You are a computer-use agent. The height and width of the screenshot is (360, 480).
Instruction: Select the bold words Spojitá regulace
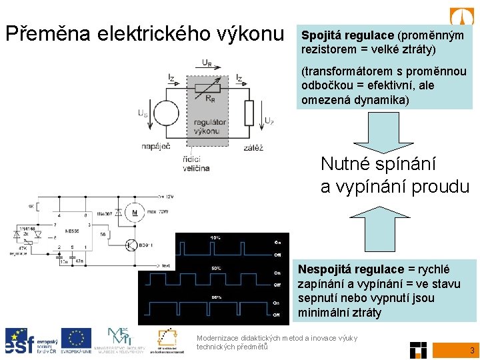pos(347,35)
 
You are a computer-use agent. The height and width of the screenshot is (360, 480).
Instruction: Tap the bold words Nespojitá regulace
pos(351,269)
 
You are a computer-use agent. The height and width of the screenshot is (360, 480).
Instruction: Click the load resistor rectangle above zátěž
pos(249,113)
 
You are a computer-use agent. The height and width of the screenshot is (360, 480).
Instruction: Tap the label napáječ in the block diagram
pos(156,147)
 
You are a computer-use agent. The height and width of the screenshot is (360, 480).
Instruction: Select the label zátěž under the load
pos(253,147)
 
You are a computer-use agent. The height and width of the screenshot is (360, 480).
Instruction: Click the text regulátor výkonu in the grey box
pos(210,127)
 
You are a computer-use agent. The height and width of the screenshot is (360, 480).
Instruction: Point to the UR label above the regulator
pos(208,64)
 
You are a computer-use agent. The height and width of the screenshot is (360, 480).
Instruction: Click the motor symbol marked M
pos(135,213)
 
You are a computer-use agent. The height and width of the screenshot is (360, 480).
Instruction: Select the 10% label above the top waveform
pos(216,238)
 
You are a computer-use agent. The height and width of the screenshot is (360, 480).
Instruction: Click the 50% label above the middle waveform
pos(216,267)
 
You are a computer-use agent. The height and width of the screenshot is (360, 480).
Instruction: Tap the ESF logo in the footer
pos(27,340)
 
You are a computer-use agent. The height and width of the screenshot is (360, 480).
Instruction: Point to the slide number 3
pos(472,350)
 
